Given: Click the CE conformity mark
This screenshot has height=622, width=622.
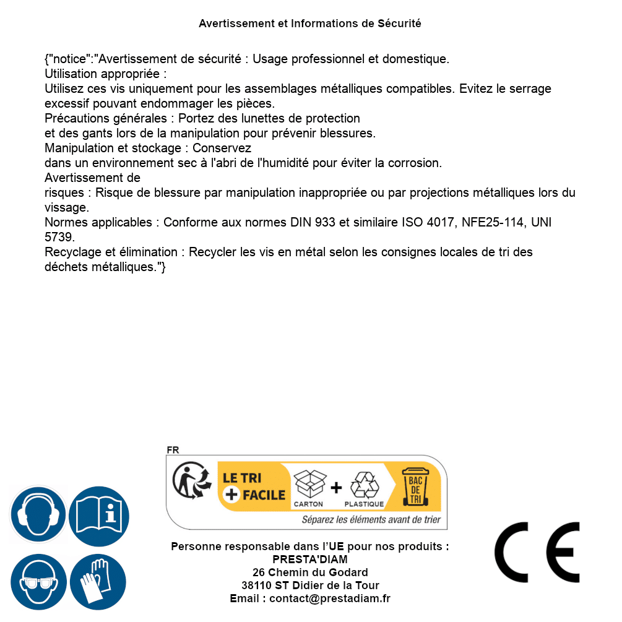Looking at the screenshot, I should [x=537, y=552].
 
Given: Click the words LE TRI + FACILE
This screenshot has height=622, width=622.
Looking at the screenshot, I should [x=254, y=486].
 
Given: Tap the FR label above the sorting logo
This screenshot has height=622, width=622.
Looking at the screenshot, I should [x=173, y=450].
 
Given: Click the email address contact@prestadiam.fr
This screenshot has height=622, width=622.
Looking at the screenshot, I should [x=330, y=598].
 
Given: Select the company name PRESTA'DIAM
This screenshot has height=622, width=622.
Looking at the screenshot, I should [x=309, y=559].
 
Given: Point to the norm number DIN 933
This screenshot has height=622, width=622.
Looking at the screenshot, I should [x=313, y=222].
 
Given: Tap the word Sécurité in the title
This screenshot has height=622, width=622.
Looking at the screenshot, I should [x=399, y=24].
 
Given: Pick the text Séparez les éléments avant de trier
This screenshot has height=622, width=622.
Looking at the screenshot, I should [x=371, y=520].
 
